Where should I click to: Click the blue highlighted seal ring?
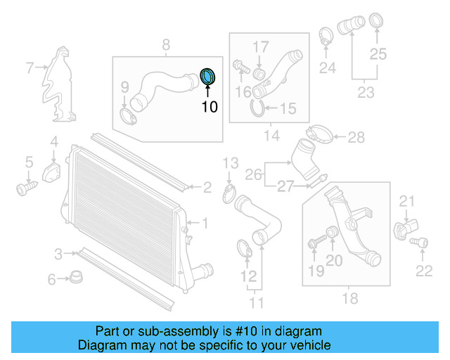(x=209, y=77)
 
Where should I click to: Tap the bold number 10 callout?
(x=210, y=107)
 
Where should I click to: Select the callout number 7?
(x=30, y=68)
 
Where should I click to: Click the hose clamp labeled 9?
(x=127, y=115)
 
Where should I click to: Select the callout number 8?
(x=166, y=46)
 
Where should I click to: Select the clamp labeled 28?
(x=321, y=134)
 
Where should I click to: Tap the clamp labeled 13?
(x=229, y=191)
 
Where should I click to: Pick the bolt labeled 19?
(x=313, y=243)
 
